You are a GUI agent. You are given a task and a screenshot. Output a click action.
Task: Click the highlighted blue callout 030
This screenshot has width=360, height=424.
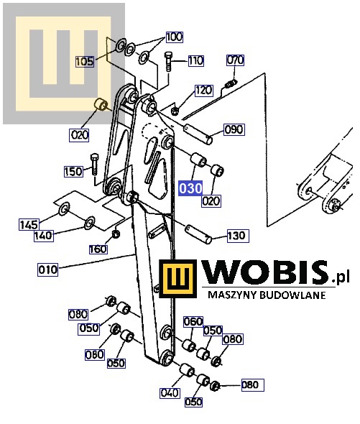click(190, 188)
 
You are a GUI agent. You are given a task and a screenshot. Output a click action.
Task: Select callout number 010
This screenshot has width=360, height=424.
click(48, 269)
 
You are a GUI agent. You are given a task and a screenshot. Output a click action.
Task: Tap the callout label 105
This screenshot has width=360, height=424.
click(85, 62)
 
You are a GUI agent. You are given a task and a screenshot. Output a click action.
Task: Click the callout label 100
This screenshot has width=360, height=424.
click(174, 37)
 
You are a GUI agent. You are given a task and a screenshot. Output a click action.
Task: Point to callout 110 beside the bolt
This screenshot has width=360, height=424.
click(196, 60)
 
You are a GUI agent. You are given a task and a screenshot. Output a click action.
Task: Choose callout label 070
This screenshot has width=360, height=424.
click(235, 60)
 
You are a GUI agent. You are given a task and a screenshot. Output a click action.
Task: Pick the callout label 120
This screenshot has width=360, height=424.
click(203, 91)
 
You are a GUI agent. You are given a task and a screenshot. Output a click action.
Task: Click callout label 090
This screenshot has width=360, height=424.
click(234, 129)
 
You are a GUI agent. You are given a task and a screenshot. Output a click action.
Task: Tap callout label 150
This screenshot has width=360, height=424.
click(73, 172)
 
